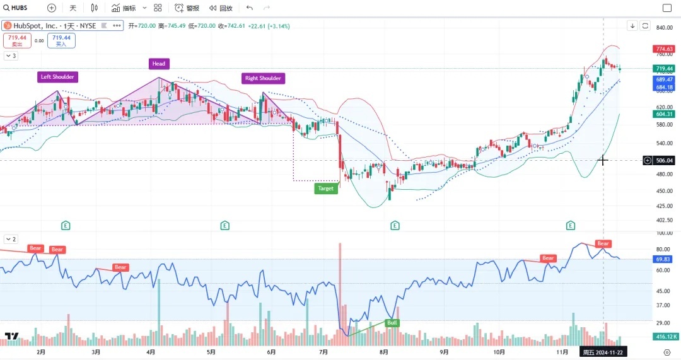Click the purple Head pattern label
click(159, 64)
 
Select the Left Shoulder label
click(57, 77)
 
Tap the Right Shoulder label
click(263, 78)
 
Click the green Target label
click(325, 188)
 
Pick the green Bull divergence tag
click(392, 322)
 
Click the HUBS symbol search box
click(19, 8)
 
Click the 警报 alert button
click(187, 8)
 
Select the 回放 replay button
click(221, 8)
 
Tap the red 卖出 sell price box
click(17, 40)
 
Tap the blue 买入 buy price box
click(61, 40)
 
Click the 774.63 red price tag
click(665, 49)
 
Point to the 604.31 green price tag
click(665, 114)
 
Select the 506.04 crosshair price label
click(665, 160)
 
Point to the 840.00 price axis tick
click(665, 28)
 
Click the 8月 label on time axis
click(383, 352)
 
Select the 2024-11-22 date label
click(603, 352)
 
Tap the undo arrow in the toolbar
click(250, 8)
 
